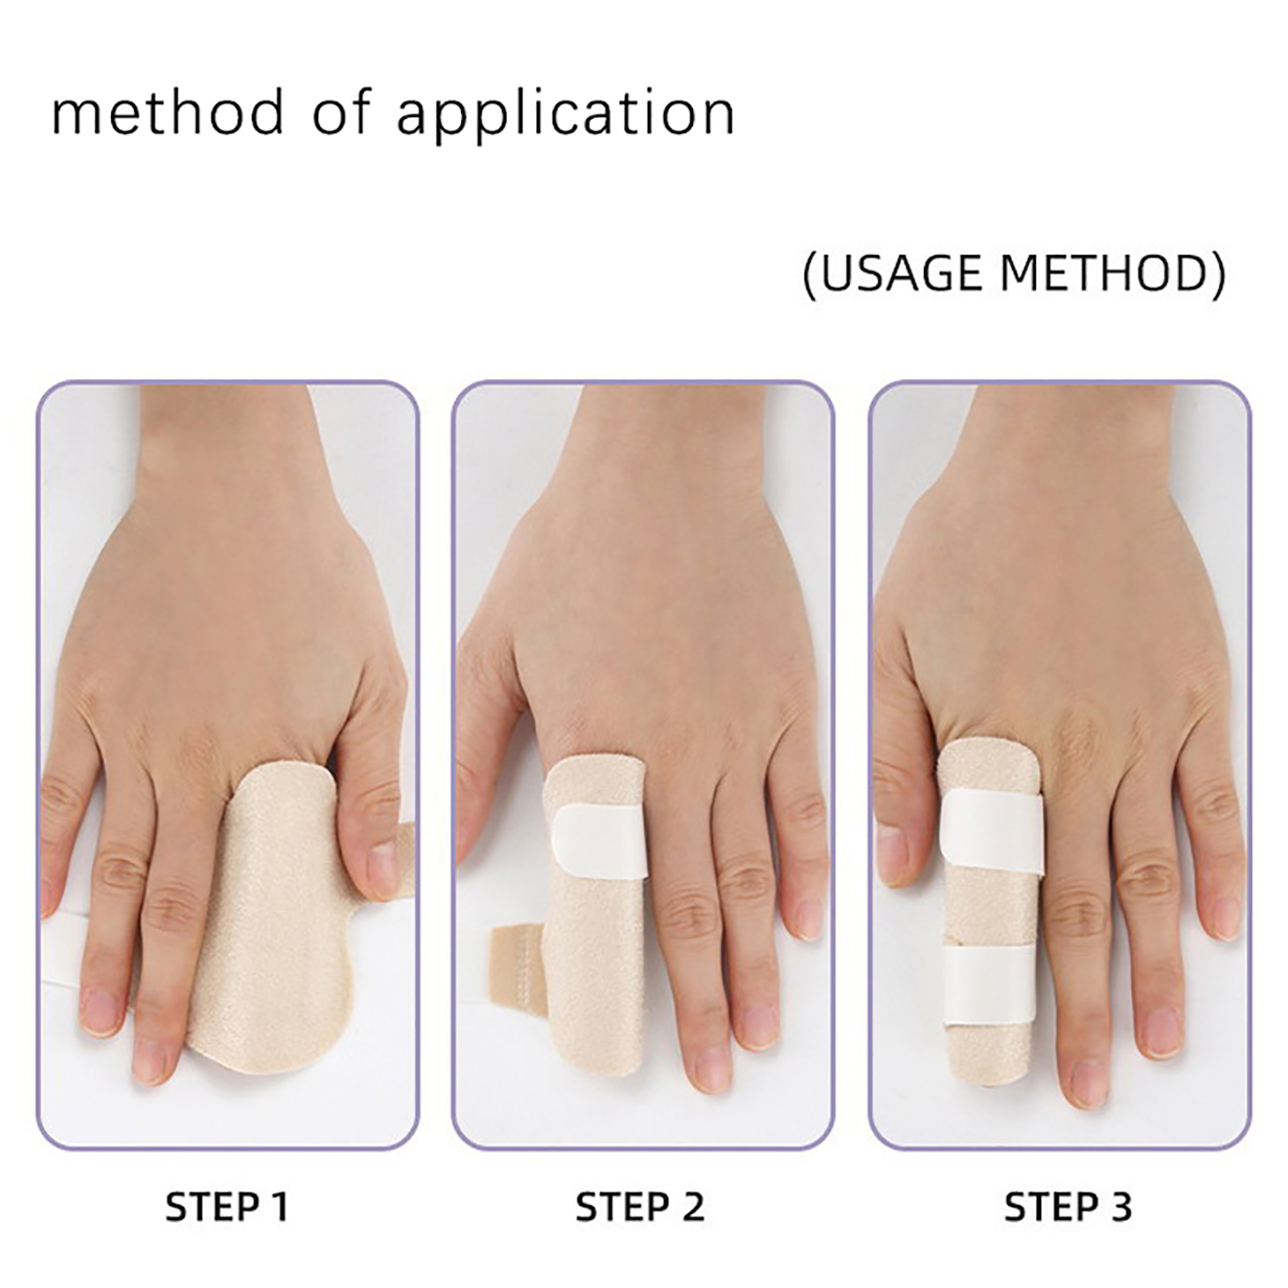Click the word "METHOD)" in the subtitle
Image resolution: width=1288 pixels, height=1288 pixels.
click(1113, 274)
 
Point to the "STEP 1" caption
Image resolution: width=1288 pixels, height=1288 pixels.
click(226, 1207)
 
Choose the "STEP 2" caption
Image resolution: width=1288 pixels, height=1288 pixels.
click(640, 1207)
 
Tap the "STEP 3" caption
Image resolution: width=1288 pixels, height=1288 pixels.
click(1068, 1207)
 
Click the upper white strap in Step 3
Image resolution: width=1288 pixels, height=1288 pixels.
click(992, 832)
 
